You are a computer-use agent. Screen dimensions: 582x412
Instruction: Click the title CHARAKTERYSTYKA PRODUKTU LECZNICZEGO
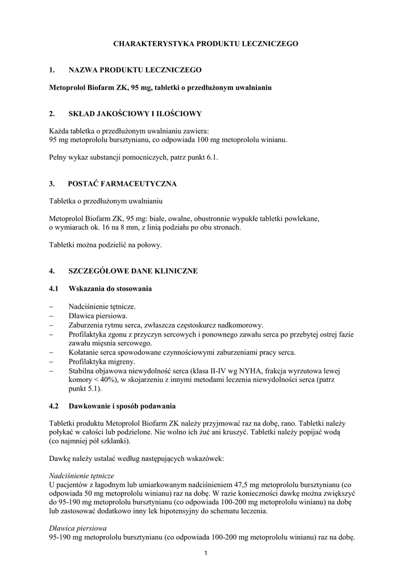206,43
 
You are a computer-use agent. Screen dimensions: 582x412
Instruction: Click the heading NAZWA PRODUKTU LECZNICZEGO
135,70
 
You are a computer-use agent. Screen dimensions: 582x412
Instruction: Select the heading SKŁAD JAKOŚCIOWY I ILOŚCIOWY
135,114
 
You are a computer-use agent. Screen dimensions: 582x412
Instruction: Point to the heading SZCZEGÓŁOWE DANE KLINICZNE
133,271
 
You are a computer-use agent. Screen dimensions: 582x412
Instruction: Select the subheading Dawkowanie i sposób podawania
122,406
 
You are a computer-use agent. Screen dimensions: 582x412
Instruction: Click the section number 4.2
55,406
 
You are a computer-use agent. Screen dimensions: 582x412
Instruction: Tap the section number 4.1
55,289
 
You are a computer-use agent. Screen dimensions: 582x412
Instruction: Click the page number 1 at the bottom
206,554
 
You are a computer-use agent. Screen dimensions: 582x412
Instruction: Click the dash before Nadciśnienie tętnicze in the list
51,306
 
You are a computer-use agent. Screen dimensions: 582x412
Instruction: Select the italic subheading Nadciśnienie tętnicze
82,475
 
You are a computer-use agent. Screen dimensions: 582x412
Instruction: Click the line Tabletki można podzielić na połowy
106,245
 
